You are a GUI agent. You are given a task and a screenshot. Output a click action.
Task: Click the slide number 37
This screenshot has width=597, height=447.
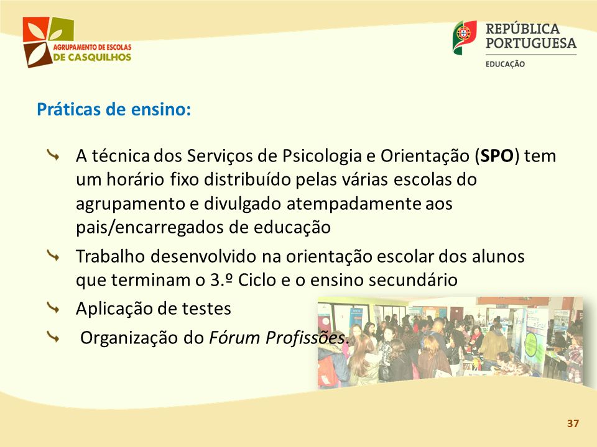[573, 423]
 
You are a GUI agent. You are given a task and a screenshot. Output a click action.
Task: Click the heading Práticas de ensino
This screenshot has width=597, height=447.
[114, 109]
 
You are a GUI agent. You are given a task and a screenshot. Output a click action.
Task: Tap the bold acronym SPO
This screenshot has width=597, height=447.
[497, 156]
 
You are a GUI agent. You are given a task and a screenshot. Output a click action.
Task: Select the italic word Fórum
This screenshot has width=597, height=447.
[234, 338]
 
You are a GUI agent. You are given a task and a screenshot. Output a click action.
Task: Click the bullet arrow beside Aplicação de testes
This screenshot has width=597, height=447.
[53, 308]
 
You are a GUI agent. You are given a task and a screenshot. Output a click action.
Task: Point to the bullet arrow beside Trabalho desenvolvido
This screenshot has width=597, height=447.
[53, 255]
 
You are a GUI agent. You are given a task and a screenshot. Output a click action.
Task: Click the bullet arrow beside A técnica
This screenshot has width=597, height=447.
[53, 155]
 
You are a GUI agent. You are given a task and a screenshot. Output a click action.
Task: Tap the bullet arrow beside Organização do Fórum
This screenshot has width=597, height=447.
[53, 336]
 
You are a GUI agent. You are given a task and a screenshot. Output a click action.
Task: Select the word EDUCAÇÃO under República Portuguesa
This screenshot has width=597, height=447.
[505, 64]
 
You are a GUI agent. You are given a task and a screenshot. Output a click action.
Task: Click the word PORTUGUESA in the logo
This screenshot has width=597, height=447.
[531, 43]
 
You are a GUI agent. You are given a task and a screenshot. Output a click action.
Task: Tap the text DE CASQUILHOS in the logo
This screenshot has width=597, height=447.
[92, 57]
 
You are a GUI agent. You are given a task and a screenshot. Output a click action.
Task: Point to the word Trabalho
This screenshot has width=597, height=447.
[110, 256]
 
